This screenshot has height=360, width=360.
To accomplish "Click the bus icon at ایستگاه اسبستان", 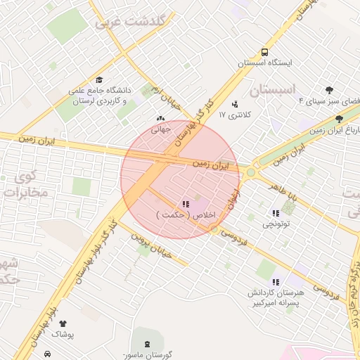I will coord(264,52).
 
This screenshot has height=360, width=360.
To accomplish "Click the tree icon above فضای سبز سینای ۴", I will coord(329,89).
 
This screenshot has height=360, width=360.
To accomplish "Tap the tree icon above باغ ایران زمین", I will coord(340,120).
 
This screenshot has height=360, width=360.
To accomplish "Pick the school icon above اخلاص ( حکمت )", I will coord(186,204).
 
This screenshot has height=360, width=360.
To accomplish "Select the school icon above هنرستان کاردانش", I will coord(276,282).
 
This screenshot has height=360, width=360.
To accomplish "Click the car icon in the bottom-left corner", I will coord(47,354).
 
